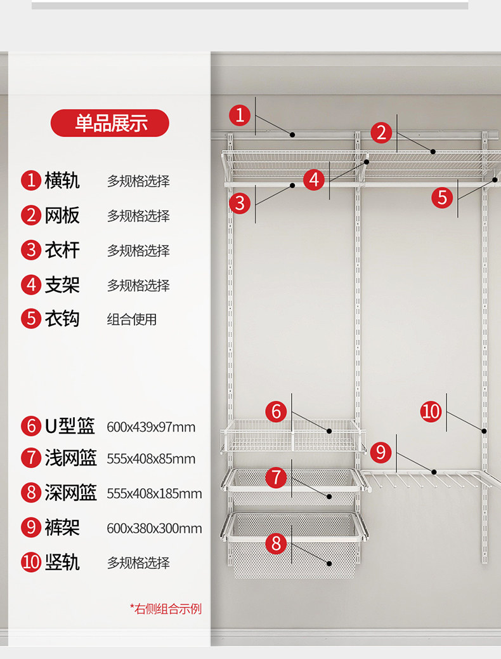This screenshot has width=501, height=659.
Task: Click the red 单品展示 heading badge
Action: click(110, 123)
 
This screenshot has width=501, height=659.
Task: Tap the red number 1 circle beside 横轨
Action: click(31, 180)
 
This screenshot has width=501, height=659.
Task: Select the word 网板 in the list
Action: click(62, 215)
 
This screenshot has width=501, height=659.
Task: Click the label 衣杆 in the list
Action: click(62, 250)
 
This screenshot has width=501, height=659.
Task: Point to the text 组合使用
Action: click(131, 319)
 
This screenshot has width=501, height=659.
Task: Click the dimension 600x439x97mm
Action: click(151, 427)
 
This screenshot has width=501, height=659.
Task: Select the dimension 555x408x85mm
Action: click(151, 459)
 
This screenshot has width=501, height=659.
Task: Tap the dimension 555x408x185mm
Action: click(154, 493)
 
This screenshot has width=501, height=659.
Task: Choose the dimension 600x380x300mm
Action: click(154, 528)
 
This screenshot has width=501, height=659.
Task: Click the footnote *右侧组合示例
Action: click(166, 609)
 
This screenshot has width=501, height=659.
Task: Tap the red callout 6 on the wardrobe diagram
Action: click(276, 411)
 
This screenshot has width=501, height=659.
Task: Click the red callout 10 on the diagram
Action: click(431, 411)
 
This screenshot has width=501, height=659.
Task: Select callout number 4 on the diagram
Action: click(314, 180)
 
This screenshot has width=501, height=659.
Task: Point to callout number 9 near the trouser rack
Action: click(381, 452)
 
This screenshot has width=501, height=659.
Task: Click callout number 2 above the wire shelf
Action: click(381, 133)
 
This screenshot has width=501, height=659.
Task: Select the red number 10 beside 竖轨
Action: click(31, 562)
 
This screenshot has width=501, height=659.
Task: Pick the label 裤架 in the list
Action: click(62, 528)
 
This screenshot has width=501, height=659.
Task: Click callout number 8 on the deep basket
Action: click(276, 543)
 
